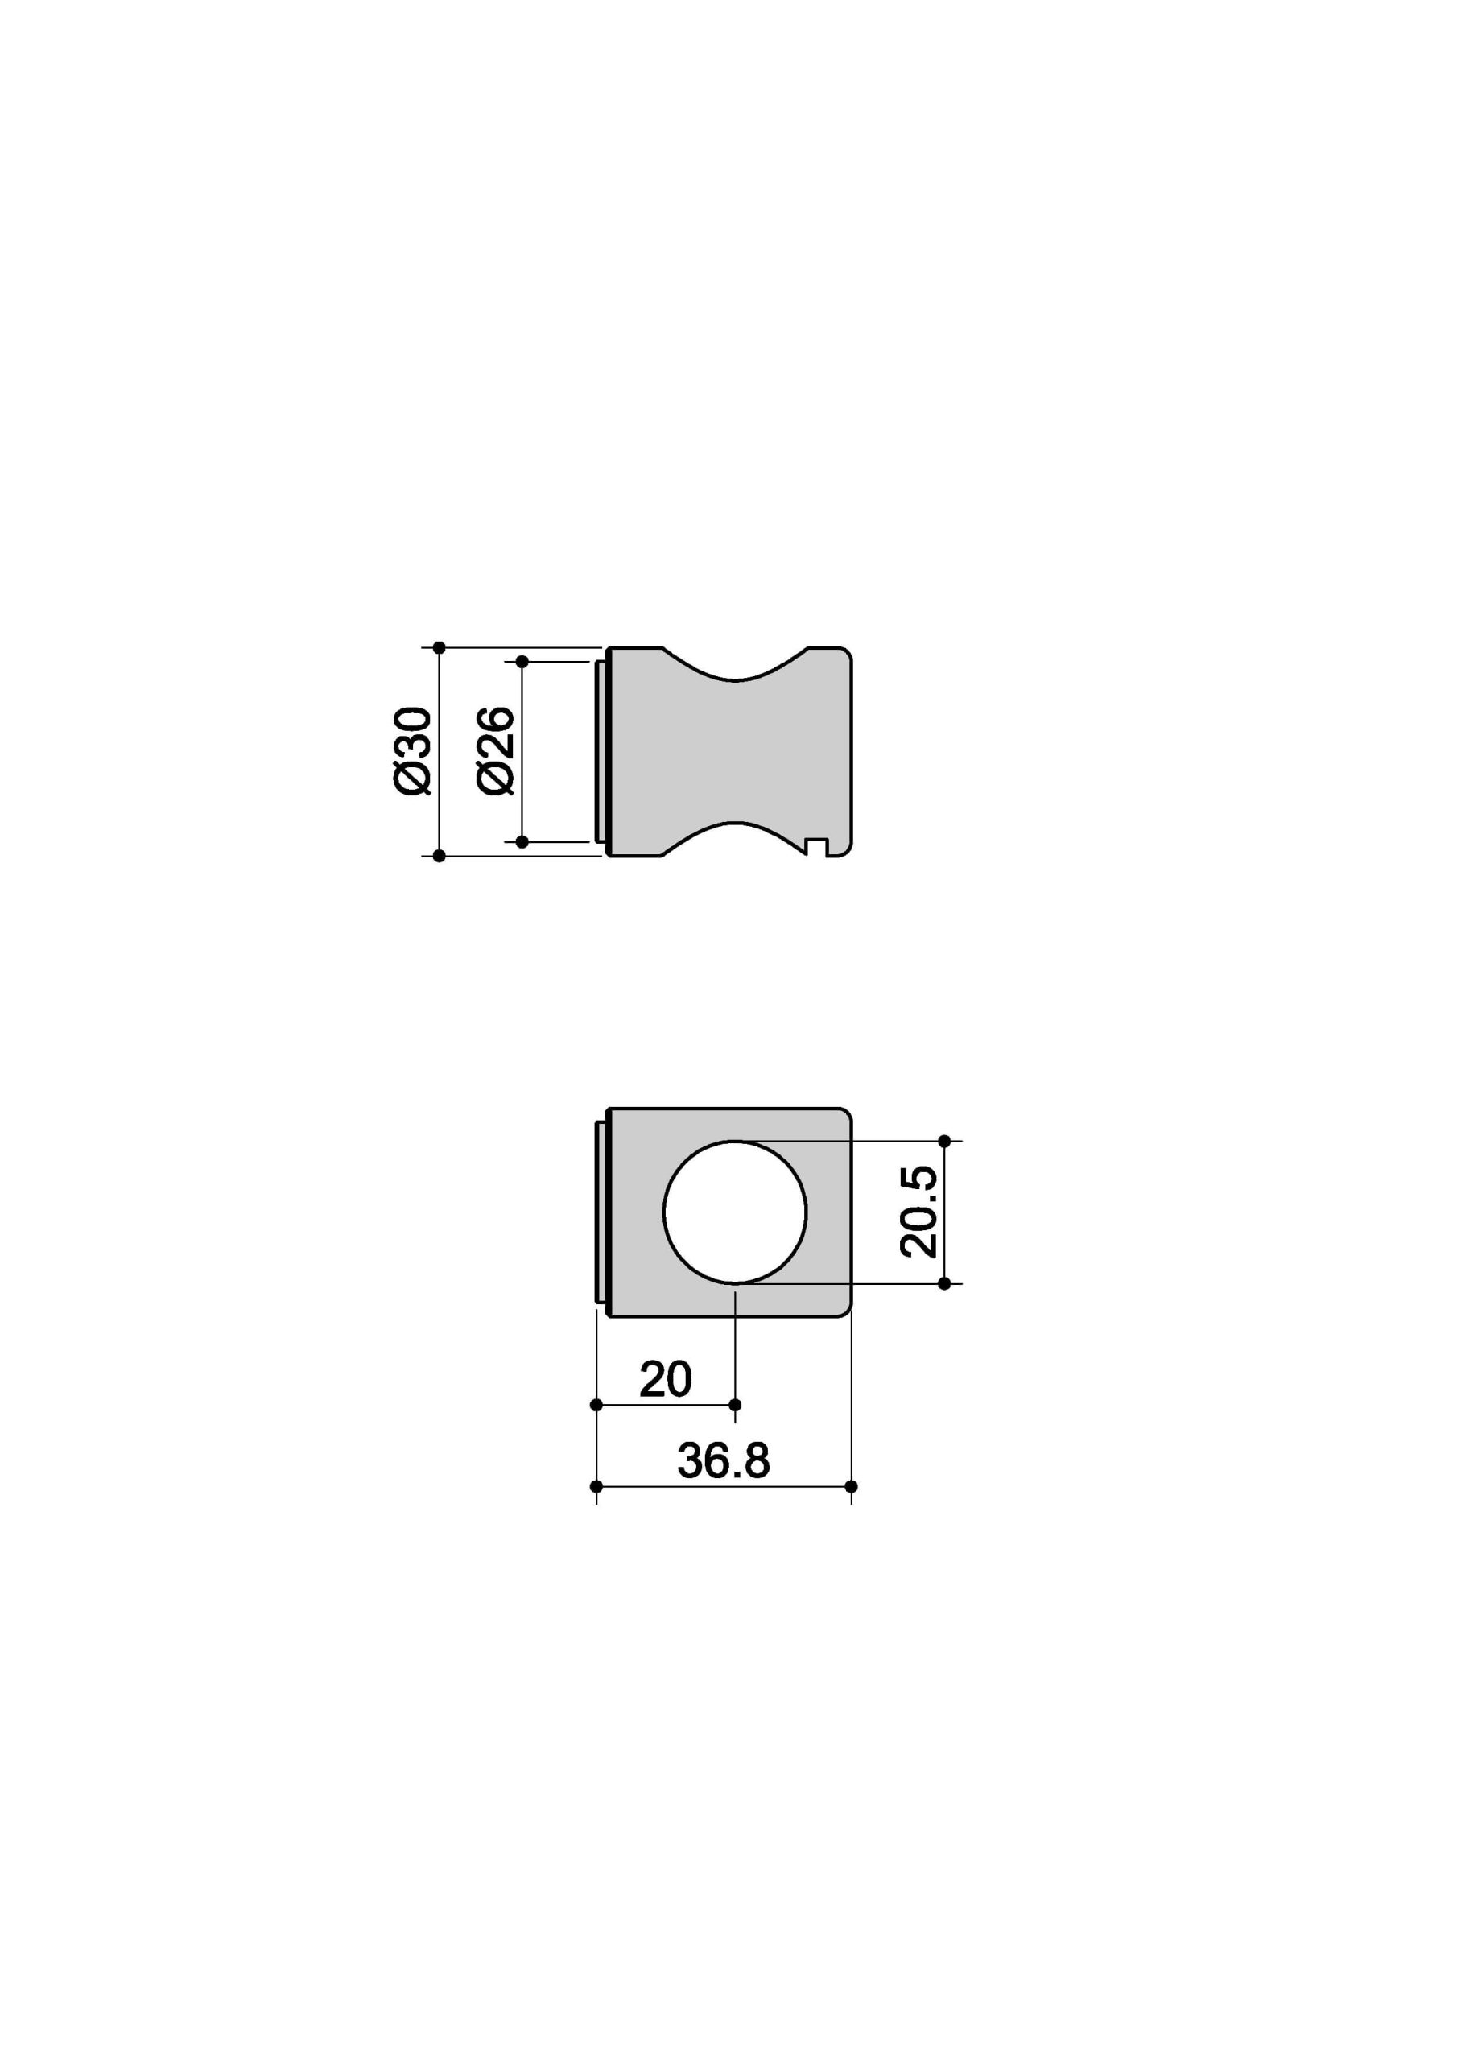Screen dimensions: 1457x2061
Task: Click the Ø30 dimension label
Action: [413, 750]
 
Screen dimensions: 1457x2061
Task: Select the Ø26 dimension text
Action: [496, 750]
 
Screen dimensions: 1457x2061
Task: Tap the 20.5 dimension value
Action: [918, 1212]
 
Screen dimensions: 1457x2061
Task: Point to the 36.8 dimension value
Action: [724, 1460]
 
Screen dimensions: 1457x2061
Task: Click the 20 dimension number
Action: [665, 1379]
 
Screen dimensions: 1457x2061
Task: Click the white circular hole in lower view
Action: [734, 1212]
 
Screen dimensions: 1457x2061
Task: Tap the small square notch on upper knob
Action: [816, 846]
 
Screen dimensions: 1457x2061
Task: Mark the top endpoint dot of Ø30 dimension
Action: [439, 647]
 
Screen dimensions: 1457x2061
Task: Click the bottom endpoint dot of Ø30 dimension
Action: [439, 857]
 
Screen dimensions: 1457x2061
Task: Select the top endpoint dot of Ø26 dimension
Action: [522, 662]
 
